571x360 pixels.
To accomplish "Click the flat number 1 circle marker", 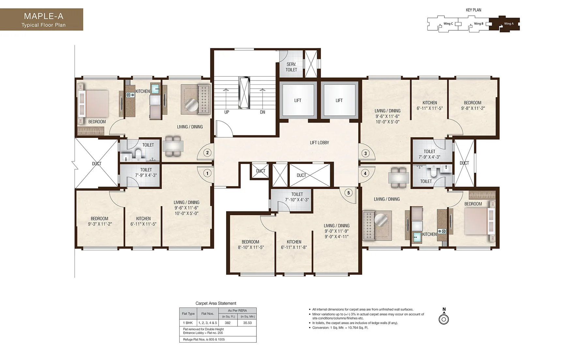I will point(207,173).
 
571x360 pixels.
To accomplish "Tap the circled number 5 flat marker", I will point(348,193).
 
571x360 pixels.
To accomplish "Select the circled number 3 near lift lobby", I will point(365,153).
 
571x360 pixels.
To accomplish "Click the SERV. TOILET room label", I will point(291,67).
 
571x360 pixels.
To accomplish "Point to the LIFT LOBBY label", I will point(319,142).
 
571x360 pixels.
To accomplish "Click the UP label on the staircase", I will point(226,112).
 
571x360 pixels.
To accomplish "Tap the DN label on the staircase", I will point(262,112).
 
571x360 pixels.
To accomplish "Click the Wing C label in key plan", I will point(448,24).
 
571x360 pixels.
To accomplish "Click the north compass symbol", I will point(444,319).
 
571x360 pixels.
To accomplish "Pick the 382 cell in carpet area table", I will point(227,323).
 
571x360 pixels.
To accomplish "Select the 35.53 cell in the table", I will point(247,323).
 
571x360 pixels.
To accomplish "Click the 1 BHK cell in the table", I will point(188,323).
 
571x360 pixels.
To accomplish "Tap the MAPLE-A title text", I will point(43,16).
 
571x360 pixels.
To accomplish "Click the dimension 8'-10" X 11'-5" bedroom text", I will point(251,247).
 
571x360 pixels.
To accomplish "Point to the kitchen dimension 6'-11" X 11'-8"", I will point(294,247).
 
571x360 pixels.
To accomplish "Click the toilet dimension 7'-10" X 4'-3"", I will point(297,200).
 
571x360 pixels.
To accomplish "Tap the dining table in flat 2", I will point(173,146).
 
